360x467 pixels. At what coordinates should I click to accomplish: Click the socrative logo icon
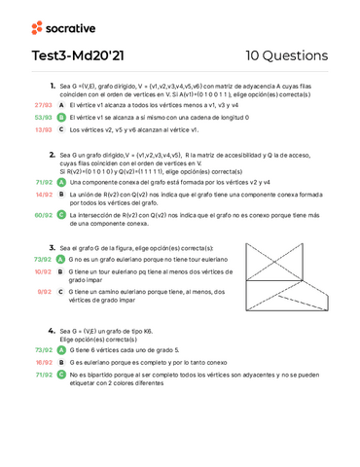click(37, 27)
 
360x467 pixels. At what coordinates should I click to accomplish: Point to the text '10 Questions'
click(287, 55)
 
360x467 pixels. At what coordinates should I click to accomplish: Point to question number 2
click(52, 154)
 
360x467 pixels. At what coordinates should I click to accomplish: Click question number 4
click(52, 331)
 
